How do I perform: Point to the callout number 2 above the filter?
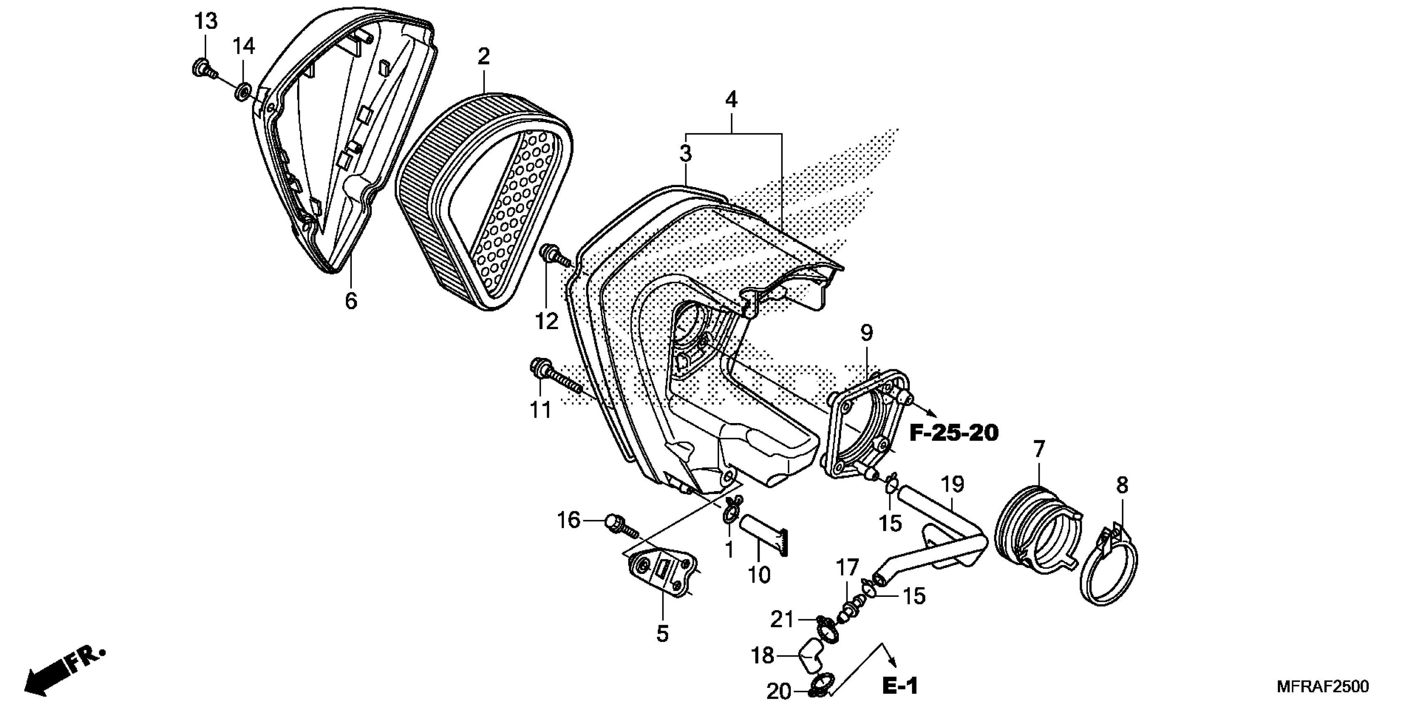(484, 56)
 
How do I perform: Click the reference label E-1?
(900, 686)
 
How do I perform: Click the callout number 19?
(952, 485)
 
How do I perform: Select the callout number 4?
(730, 100)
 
